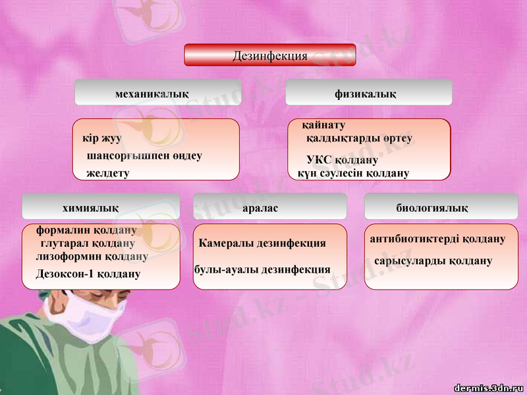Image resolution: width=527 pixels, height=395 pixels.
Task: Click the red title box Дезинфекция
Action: pyautogui.click(x=270, y=55)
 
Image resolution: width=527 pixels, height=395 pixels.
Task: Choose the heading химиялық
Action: pyautogui.click(x=91, y=208)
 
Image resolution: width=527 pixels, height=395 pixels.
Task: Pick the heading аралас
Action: pyautogui.click(x=261, y=208)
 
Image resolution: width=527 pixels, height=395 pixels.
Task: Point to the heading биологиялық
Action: pyautogui.click(x=432, y=208)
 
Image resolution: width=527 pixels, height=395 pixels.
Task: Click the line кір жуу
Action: pyautogui.click(x=101, y=139)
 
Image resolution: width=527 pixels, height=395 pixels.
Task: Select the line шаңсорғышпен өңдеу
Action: pyautogui.click(x=144, y=156)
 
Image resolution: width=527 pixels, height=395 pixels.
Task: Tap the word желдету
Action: pyautogui.click(x=108, y=173)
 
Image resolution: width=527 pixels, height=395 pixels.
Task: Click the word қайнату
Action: pyautogui.click(x=323, y=125)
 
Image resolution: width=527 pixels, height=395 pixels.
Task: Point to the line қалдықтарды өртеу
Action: pyautogui.click(x=360, y=138)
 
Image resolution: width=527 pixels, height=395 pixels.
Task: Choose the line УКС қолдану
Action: pyautogui.click(x=342, y=160)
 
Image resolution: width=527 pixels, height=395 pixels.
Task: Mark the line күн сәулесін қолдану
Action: pyautogui.click(x=353, y=173)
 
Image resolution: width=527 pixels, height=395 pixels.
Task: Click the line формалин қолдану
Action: pyautogui.click(x=86, y=230)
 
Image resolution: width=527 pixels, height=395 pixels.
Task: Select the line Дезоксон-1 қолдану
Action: pyautogui.click(x=88, y=273)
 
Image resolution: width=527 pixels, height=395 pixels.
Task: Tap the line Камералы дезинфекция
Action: pyautogui.click(x=262, y=243)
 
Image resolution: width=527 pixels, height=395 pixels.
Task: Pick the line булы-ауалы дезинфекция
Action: pyautogui.click(x=262, y=269)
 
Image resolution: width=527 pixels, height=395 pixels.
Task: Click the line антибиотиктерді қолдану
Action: pyautogui.click(x=438, y=238)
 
